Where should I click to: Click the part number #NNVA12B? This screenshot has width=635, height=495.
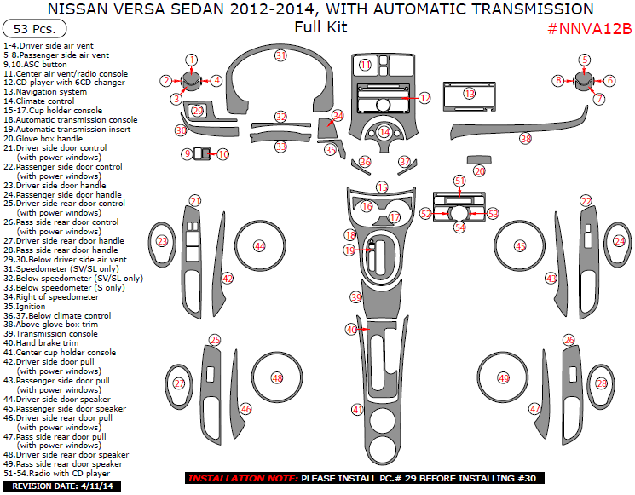(588, 29)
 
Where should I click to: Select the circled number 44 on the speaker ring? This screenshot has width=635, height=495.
(259, 246)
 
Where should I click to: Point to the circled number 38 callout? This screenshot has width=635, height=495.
(525, 139)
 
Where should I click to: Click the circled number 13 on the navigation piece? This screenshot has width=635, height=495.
(470, 94)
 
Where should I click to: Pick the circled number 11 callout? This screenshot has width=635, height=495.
(365, 66)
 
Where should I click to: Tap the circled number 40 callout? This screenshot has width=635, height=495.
(351, 330)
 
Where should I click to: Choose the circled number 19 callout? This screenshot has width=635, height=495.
(349, 250)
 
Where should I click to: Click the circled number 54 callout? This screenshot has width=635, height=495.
(460, 227)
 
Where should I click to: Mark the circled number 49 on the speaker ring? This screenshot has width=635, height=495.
(504, 377)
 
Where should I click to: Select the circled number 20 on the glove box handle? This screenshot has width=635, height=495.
(480, 171)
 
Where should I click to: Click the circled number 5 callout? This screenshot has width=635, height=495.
(585, 60)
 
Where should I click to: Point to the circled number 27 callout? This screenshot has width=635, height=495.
(179, 384)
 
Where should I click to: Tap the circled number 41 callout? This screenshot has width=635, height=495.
(357, 410)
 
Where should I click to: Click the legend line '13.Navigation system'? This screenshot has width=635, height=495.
(45, 92)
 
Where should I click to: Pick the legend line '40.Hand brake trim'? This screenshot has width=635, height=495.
(41, 343)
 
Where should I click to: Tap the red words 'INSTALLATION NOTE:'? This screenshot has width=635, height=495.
(241, 479)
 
